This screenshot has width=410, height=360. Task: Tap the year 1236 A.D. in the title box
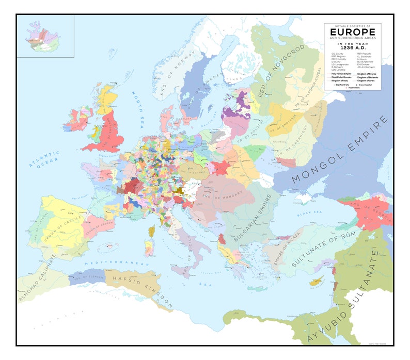coord(353,48)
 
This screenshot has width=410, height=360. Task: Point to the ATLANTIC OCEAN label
coord(45,159)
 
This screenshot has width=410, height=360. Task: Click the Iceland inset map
coord(45,36)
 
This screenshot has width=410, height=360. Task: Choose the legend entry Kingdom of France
coord(367,74)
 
